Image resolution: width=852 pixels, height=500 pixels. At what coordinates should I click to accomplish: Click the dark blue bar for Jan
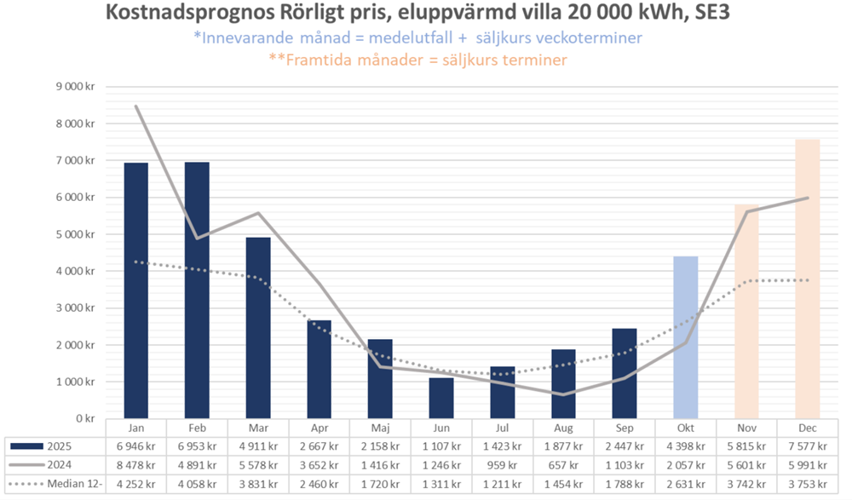coord(136,290)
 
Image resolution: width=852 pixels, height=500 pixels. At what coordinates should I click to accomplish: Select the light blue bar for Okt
coord(686,337)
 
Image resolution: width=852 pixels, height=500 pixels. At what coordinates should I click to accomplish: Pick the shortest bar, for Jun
coord(441,398)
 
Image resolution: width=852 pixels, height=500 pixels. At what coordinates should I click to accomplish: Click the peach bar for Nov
coord(747,311)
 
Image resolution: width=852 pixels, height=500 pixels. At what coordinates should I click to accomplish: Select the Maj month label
coord(380,427)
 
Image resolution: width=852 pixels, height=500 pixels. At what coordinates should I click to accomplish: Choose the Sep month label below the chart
coord(625,427)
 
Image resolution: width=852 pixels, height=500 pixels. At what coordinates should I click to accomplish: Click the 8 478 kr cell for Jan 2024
coord(136,464)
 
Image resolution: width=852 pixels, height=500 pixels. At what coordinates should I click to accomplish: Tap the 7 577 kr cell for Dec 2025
coord(808,445)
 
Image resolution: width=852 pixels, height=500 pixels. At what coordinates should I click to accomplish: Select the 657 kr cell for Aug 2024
coord(563,464)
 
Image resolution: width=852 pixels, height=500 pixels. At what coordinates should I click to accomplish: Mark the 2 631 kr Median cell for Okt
coord(686,483)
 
